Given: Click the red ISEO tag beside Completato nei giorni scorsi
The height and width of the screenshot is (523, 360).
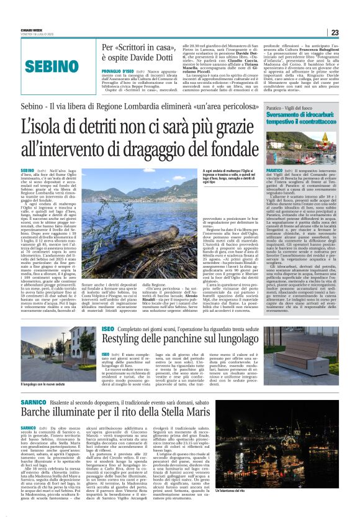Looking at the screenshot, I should point(108,328).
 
